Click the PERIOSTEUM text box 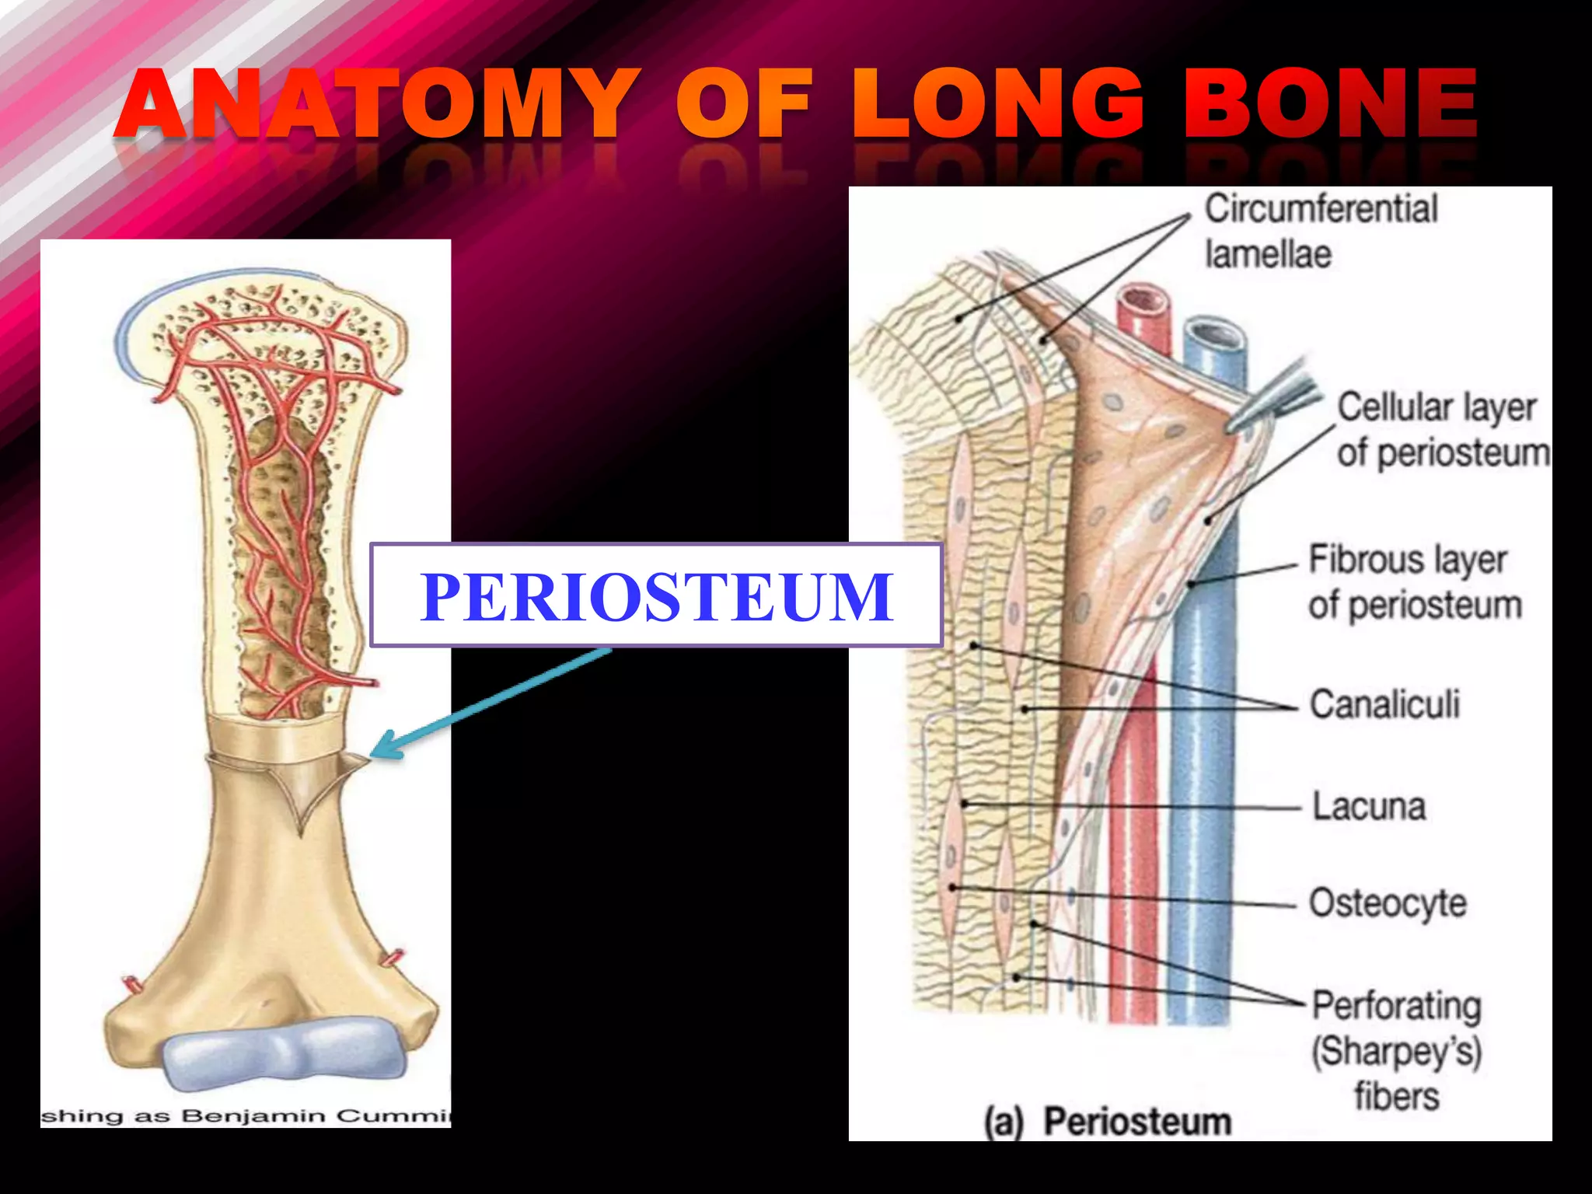pyautogui.click(x=656, y=595)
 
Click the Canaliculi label pyautogui.click(x=1384, y=704)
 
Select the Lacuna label pyautogui.click(x=1369, y=806)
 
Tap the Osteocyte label pyautogui.click(x=1388, y=903)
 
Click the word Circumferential pyautogui.click(x=1321, y=209)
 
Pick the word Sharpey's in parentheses pyautogui.click(x=1397, y=1051)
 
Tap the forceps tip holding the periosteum pyautogui.click(x=1236, y=424)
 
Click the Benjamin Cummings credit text pyautogui.click(x=246, y=1117)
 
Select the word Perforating pyautogui.click(x=1397, y=1006)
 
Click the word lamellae pyautogui.click(x=1268, y=254)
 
